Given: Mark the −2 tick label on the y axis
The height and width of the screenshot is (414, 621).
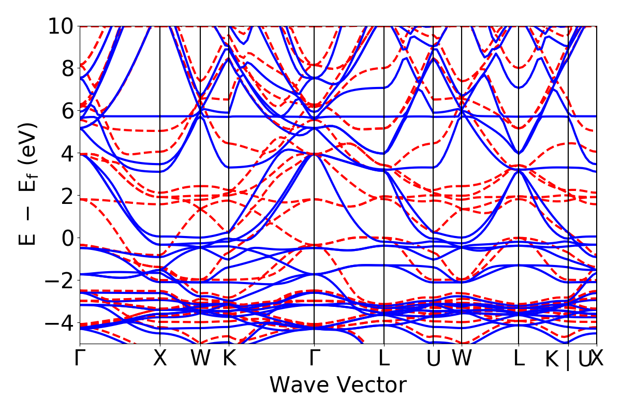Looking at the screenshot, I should pyautogui.click(x=60, y=280).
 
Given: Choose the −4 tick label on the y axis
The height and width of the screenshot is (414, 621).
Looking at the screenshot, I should pyautogui.click(x=60, y=323).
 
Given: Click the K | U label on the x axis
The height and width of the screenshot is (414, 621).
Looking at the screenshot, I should pyautogui.click(x=568, y=359).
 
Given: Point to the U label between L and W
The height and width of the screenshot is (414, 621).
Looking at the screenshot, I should pyautogui.click(x=433, y=359).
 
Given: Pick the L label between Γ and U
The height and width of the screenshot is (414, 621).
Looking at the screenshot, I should pyautogui.click(x=384, y=359).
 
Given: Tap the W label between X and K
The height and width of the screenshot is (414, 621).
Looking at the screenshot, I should pyautogui.click(x=200, y=359).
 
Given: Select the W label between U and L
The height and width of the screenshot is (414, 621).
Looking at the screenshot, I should pyautogui.click(x=461, y=359).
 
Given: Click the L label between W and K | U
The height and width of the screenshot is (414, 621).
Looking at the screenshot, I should pyautogui.click(x=519, y=359).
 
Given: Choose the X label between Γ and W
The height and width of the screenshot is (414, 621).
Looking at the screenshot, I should pyautogui.click(x=160, y=359).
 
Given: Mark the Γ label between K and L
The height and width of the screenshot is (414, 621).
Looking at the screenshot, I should pyautogui.click(x=314, y=359).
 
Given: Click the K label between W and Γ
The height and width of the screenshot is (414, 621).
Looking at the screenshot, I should pyautogui.click(x=229, y=359).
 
